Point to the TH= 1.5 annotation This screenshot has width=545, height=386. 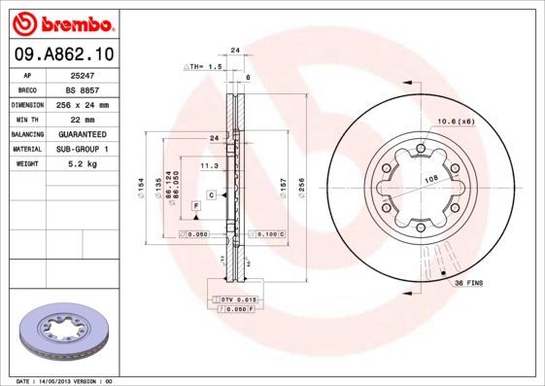205,66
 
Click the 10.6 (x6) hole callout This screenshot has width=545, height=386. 454,120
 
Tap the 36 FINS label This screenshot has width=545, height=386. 469,282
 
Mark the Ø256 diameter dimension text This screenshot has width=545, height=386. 300,184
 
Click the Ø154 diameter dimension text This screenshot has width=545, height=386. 142,184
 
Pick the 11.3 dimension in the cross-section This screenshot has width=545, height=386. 208,166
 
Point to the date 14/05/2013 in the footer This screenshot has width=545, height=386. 59,381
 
